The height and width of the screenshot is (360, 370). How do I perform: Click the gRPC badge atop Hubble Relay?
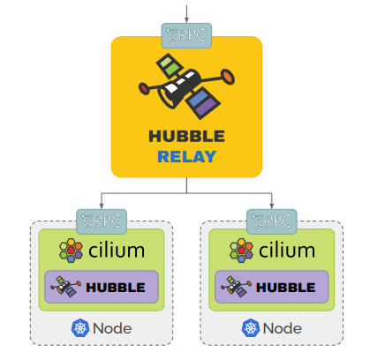click(186, 35)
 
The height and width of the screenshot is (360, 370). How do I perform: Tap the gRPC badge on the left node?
click(102, 221)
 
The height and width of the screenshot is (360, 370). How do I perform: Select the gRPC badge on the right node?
click(272, 221)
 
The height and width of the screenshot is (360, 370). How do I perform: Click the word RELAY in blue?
click(187, 156)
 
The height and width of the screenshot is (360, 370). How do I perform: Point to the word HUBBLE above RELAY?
click(187, 136)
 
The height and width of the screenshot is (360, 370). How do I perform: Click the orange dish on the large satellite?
click(227, 77)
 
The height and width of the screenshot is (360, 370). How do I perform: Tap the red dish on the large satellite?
click(144, 88)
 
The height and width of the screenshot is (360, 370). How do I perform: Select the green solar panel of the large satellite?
click(170, 66)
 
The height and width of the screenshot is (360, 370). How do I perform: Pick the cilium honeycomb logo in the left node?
click(71, 251)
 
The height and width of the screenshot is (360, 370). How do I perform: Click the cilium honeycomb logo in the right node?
click(241, 251)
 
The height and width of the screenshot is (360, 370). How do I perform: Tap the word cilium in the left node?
click(117, 251)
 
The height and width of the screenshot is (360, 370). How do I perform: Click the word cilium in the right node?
click(287, 251)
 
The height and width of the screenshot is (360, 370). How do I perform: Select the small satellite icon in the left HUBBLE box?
click(65, 286)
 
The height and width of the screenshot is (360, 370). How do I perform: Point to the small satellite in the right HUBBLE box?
click(236, 286)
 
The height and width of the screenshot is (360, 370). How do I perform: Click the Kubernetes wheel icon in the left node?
click(80, 328)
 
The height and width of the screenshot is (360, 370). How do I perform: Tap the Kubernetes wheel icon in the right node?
click(251, 328)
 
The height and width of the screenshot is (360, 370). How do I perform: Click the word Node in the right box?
click(283, 328)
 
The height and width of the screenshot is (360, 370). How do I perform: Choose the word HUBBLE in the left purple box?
click(116, 288)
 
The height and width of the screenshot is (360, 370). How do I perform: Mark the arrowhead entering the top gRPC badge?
click(186, 19)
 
